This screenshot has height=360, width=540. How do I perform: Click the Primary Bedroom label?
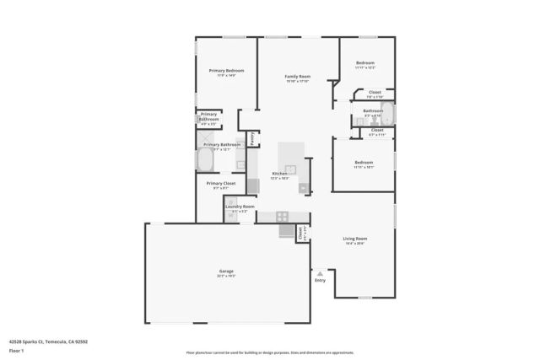pos(226,71)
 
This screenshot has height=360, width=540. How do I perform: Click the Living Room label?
pos(354,239)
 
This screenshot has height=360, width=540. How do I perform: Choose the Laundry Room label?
pos(240,206)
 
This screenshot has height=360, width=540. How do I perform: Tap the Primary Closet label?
pos(220,183)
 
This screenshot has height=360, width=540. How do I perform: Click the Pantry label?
pos(251,138)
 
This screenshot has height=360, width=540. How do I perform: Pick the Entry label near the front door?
pos(320,280)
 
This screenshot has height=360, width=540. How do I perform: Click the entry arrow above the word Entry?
pos(320,273)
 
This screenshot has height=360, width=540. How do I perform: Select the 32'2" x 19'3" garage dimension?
pos(226,276)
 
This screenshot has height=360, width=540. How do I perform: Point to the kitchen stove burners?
pos(282,216)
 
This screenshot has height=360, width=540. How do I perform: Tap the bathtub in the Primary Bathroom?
pos(208,159)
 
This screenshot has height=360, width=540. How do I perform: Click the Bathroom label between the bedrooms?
pos(373,110)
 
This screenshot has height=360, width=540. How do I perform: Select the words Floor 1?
pos(16,350)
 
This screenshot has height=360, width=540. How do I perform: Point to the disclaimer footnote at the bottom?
pos(270,351)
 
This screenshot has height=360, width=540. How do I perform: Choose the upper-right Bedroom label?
pos(364,63)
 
